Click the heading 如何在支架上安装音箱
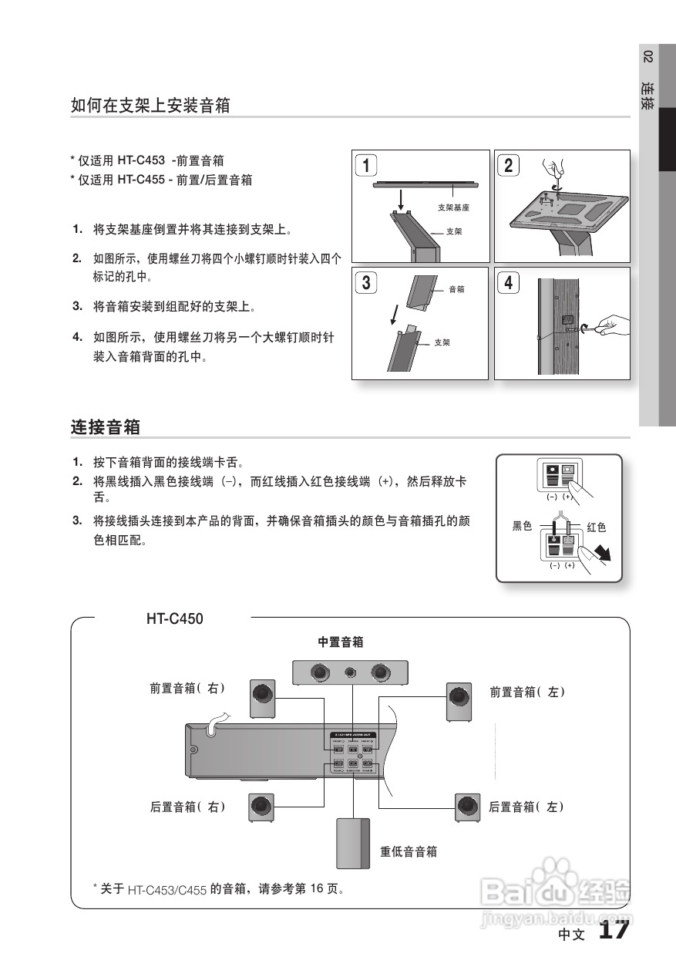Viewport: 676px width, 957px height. [150, 106]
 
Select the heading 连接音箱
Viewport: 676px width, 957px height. [105, 426]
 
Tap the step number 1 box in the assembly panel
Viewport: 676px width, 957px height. [366, 165]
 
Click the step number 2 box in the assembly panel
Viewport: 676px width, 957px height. [508, 165]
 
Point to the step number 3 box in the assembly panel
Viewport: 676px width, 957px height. [366, 282]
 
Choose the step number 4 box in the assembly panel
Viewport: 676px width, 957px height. [508, 282]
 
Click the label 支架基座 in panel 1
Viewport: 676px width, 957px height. [453, 207]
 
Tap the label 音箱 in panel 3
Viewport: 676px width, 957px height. [456, 289]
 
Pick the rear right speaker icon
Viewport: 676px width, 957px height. [262, 807]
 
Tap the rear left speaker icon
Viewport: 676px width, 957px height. [466, 807]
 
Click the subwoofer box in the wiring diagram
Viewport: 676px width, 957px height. [353, 843]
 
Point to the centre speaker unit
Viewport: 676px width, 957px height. [351, 672]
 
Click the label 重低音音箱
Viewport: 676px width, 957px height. [409, 851]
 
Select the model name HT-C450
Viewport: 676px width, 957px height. [175, 618]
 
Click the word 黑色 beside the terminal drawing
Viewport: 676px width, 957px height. [523, 527]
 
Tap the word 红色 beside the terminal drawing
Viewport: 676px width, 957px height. [597, 527]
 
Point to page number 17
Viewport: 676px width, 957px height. [614, 929]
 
